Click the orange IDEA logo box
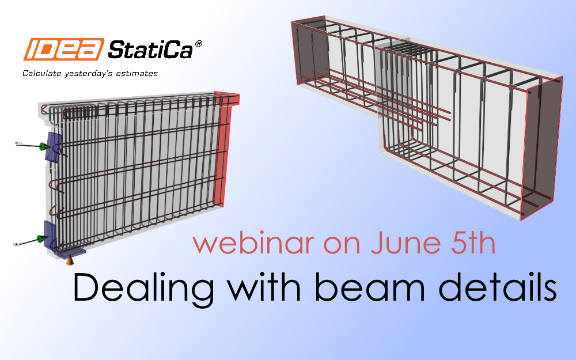pos(63,49)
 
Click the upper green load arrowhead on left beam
pos(41,146)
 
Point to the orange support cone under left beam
pos(70,261)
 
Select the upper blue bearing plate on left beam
pos(54,147)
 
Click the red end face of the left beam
pos(221,150)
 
